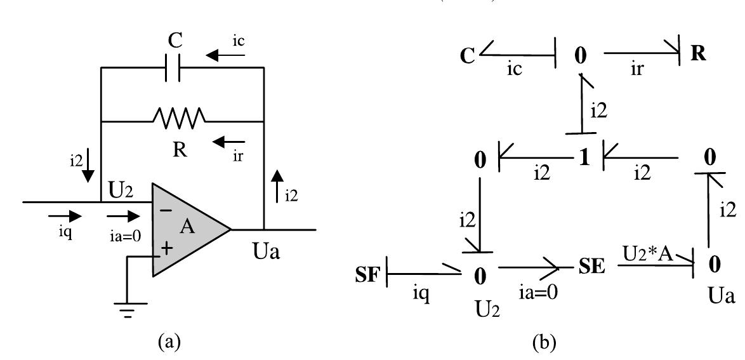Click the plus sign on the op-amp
pos(166,250)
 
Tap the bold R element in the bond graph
pos(698,53)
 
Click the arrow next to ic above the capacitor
pos(219,56)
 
